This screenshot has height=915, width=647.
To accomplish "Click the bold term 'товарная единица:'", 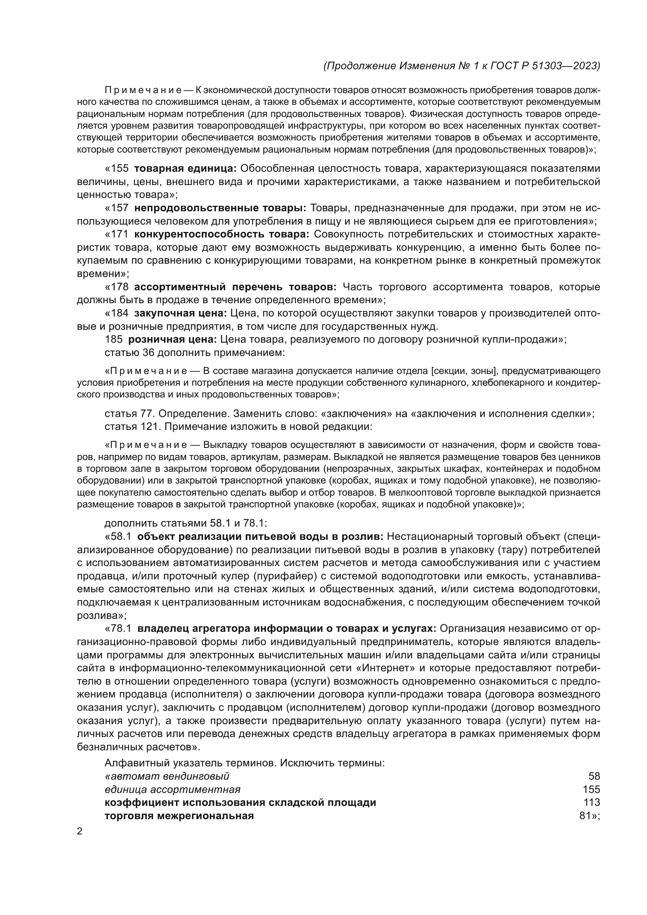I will point(185,169).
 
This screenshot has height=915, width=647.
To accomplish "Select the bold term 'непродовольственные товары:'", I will point(220,208).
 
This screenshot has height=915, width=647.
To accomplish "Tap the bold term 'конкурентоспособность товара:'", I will point(221,234).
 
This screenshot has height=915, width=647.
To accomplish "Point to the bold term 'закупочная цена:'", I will point(180,313).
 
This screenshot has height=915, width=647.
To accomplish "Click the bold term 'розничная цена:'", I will point(172,340).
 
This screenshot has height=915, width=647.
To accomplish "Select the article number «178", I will point(117,287).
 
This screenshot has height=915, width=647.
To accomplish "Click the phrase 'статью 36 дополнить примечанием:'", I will point(195,353).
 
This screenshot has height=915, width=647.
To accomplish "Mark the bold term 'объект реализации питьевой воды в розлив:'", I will point(260,537).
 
